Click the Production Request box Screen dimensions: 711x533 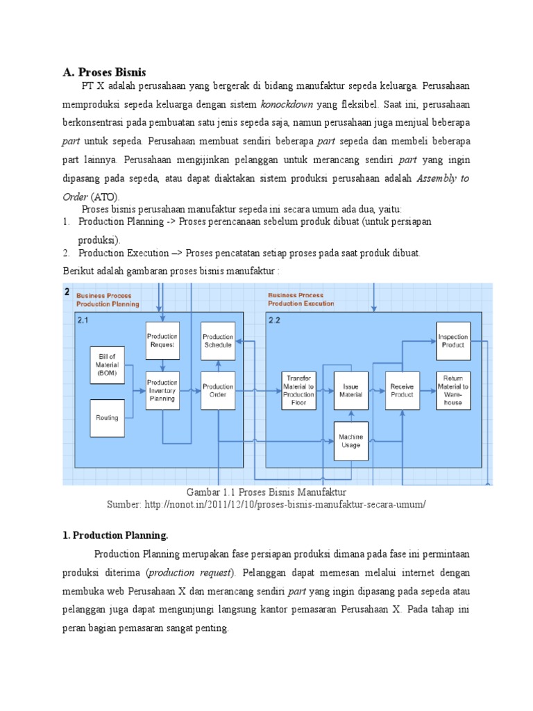[x=162, y=340]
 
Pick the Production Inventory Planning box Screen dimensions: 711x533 [x=162, y=390]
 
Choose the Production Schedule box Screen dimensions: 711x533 [x=218, y=340]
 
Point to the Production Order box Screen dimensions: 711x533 [x=218, y=390]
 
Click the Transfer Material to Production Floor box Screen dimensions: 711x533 [x=298, y=390]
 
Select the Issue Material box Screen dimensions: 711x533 [x=350, y=390]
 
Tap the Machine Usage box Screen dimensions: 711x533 [x=350, y=440]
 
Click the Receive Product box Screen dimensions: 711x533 [x=403, y=390]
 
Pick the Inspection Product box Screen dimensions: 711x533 [x=453, y=340]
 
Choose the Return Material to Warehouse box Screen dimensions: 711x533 [x=453, y=390]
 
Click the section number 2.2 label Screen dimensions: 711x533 [x=274, y=319]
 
